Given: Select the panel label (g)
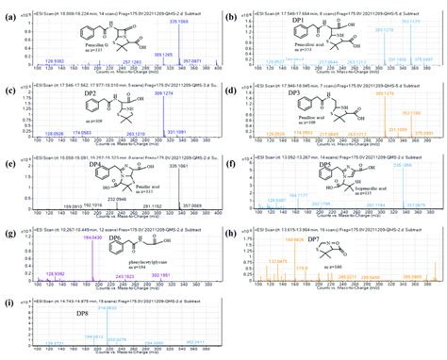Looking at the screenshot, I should [8, 233].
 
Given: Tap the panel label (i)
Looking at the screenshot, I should [8, 303].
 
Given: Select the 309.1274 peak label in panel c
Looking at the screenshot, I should [176, 92].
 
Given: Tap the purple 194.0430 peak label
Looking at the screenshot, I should [91, 239].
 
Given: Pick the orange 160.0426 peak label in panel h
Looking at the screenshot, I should [293, 241].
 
